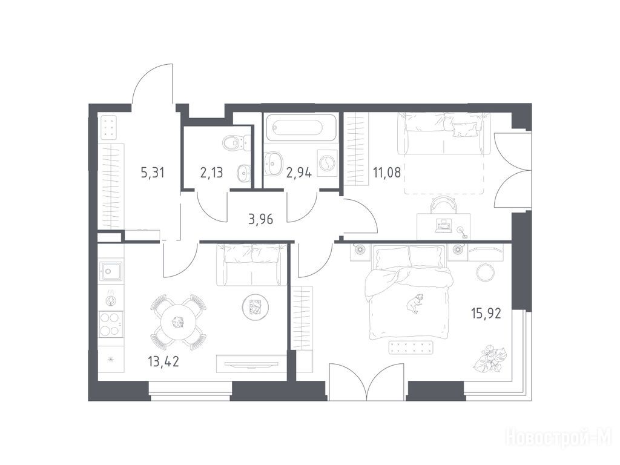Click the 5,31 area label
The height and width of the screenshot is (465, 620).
pos(152,173)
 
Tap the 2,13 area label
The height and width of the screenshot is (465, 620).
pos(211,173)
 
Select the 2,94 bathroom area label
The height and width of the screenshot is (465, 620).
pos(299,173)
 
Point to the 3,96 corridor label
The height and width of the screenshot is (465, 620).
pos(261,219)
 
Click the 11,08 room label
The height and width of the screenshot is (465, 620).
pos(387,173)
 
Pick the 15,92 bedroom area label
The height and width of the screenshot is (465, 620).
pos(486,314)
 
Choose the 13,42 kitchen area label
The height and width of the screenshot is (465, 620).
pos(163,361)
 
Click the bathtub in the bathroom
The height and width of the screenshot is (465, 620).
pos(301,127)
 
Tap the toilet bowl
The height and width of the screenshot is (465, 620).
pos(236,142)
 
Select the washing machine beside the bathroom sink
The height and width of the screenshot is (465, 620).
pos(327,163)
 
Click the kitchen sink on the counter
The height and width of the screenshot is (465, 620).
pos(111,271)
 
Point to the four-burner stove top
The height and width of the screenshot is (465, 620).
pos(111,325)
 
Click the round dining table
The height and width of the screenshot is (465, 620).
pos(178,323)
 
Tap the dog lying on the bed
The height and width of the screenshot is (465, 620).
pos(414,303)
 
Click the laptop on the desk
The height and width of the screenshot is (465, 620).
pos(443,225)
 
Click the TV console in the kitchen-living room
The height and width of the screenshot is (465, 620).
pos(251,363)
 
